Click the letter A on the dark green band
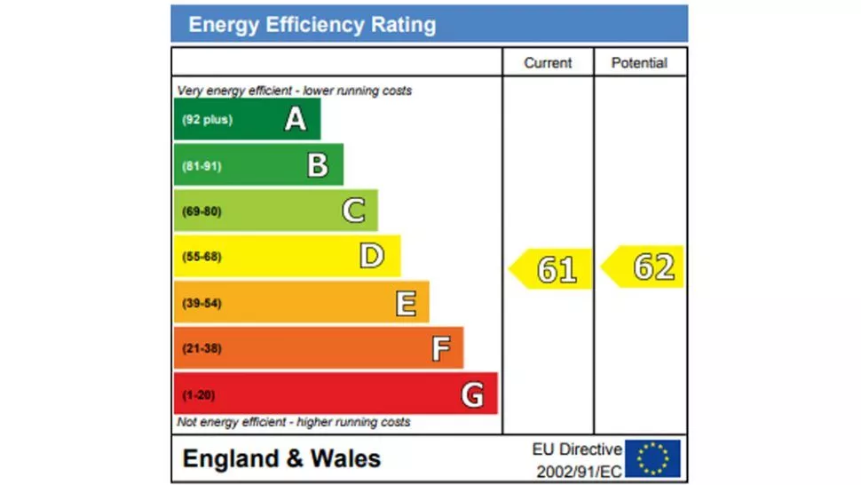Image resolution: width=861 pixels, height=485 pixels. pyautogui.click(x=296, y=119)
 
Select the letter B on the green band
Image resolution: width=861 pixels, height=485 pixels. pyautogui.click(x=318, y=165)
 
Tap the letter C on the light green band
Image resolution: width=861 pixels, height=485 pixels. pyautogui.click(x=353, y=211)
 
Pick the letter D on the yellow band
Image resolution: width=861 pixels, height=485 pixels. pyautogui.click(x=371, y=257)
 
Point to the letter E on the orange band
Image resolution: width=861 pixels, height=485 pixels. pyautogui.click(x=406, y=303)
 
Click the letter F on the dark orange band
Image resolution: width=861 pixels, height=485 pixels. pyautogui.click(x=440, y=349)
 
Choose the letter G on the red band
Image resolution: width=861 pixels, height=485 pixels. pyautogui.click(x=472, y=394)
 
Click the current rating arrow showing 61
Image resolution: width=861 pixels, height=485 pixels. pyautogui.click(x=551, y=268)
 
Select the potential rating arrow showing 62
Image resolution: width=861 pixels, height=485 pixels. pyautogui.click(x=644, y=266)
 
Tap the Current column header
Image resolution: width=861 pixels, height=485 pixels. pyautogui.click(x=548, y=63)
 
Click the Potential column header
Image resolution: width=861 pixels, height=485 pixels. pyautogui.click(x=639, y=63)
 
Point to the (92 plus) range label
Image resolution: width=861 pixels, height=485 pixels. pyautogui.click(x=207, y=120)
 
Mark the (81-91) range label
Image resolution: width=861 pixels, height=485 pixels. pyautogui.click(x=201, y=166)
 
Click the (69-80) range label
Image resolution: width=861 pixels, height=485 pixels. pyautogui.click(x=201, y=211)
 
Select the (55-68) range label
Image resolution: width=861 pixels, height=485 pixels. pyautogui.click(x=201, y=258)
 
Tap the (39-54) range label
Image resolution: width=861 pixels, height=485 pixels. pyautogui.click(x=201, y=304)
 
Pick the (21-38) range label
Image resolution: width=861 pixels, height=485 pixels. pyautogui.click(x=201, y=349)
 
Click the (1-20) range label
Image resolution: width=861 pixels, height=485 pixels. pyautogui.click(x=199, y=395)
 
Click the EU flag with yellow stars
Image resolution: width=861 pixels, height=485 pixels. pyautogui.click(x=653, y=458)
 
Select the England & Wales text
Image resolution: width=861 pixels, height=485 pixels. pyautogui.click(x=281, y=459)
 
